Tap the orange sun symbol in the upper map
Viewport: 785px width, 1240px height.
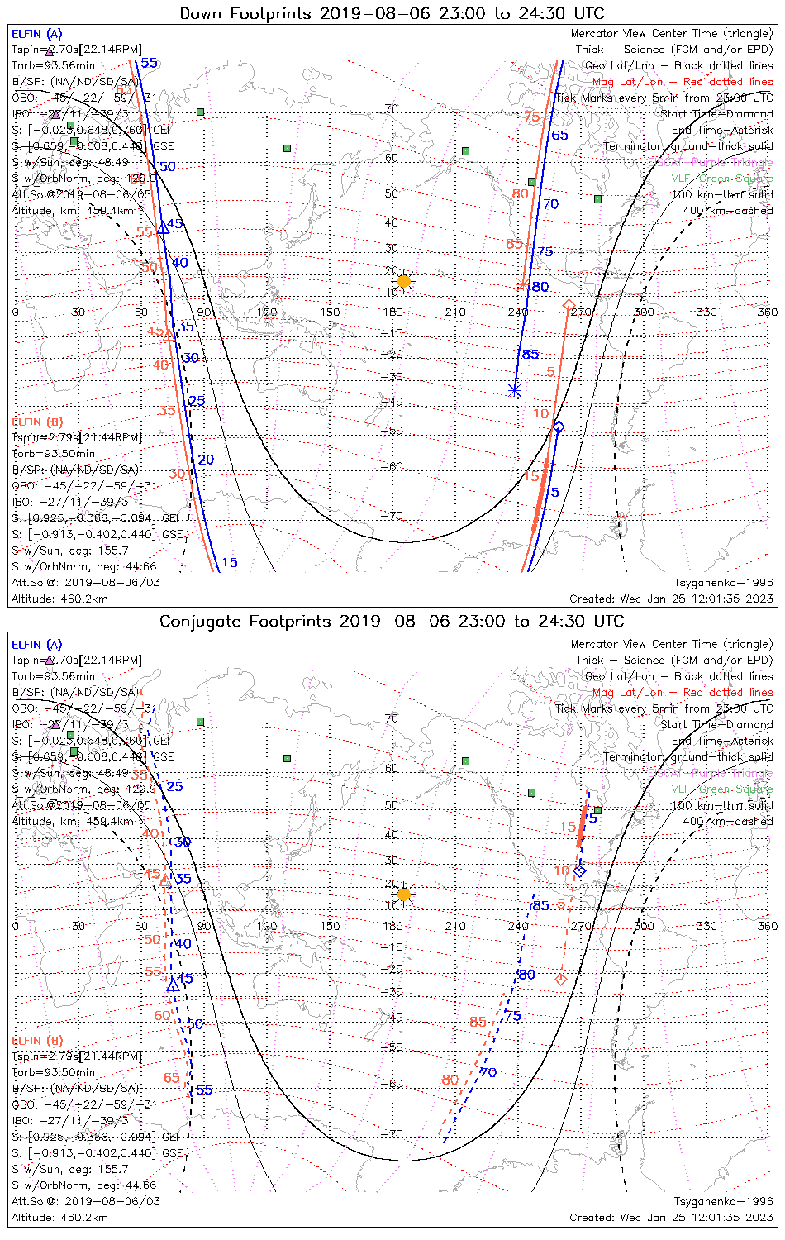403,281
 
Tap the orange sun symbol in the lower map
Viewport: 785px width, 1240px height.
403,894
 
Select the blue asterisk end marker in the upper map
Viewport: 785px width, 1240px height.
515,390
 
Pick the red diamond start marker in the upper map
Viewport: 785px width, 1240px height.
569,306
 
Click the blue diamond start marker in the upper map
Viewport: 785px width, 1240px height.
559,427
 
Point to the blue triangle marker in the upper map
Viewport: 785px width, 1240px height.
163,228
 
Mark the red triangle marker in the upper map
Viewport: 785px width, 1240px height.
169,336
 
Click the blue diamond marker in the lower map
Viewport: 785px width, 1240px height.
579,871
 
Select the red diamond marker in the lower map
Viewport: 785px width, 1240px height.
561,980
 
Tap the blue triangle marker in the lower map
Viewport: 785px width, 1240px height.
173,985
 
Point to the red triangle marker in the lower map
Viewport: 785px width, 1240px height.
165,880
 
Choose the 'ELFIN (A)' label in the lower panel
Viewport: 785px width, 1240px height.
37,645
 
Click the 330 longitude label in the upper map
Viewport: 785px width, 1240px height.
706,312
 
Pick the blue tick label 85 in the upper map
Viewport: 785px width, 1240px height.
530,355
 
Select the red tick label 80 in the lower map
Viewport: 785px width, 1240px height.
450,1080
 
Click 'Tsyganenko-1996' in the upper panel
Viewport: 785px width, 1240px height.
723,583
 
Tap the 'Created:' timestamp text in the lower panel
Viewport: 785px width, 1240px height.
671,1218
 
